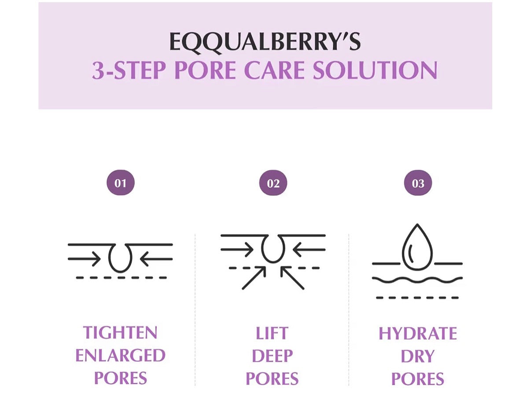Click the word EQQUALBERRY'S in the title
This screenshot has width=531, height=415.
click(265, 42)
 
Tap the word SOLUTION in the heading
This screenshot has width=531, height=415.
click(375, 71)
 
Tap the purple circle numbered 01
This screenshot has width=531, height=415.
click(120, 183)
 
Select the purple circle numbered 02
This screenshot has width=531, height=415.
click(273, 183)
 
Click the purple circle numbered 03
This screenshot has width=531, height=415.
click(418, 183)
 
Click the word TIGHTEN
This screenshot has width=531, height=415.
click(120, 333)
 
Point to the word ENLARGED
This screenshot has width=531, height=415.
click(120, 355)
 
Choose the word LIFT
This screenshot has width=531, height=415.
click(272, 333)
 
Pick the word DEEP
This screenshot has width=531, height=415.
click(272, 356)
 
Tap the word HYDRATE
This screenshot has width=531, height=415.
click(418, 333)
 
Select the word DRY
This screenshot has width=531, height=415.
click(418, 356)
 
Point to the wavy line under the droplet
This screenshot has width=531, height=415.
click(417, 280)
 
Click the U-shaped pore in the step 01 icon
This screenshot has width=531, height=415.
click(120, 258)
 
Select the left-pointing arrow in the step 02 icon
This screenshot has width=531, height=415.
click(308, 250)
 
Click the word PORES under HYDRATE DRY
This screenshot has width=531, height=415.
click(418, 379)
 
